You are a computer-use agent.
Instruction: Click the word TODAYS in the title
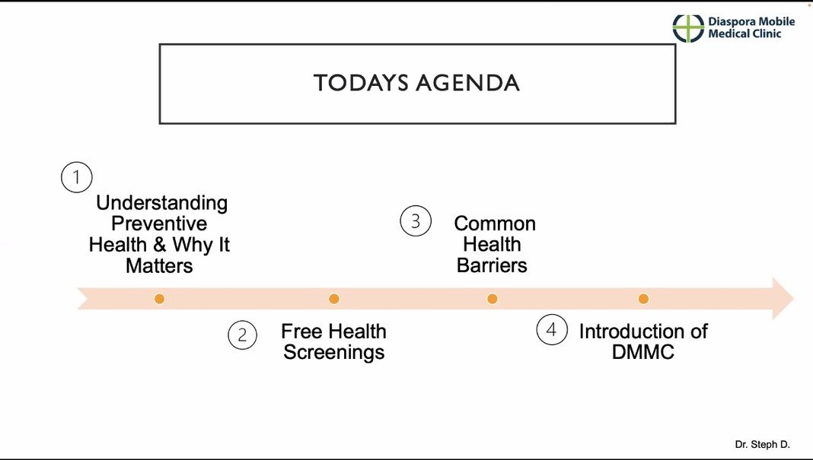[x=361, y=83]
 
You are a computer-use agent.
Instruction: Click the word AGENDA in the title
[x=467, y=83]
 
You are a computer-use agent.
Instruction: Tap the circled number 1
[x=77, y=177]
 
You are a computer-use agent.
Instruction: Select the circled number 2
[x=242, y=335]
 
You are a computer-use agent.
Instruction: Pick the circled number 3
[x=416, y=221]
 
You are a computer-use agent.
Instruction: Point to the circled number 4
[x=552, y=329]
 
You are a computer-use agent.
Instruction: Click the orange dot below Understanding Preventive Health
[x=160, y=299]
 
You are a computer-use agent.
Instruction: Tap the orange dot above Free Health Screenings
[x=334, y=299]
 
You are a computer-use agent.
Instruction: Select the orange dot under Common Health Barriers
[x=493, y=299]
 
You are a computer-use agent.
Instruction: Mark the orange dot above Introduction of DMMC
[x=643, y=299]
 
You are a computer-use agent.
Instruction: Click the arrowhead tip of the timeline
[x=793, y=299]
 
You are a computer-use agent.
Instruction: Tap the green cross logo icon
[x=688, y=28]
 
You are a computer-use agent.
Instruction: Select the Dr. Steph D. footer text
[x=762, y=445]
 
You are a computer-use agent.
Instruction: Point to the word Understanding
[x=162, y=203]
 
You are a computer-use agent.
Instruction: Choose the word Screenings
[x=334, y=352]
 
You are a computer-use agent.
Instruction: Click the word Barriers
[x=492, y=265]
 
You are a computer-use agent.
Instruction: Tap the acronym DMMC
[x=643, y=352]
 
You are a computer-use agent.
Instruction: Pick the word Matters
[x=159, y=266]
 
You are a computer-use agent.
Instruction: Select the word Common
[x=495, y=224]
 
